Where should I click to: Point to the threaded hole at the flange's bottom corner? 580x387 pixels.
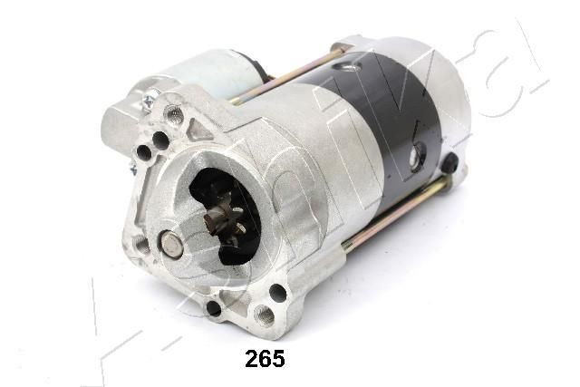[x=264, y=315]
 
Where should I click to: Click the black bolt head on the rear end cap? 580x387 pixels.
[x=450, y=163]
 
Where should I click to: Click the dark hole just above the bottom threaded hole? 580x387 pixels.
[x=277, y=292]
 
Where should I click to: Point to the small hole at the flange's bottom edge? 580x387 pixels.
[x=214, y=308]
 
